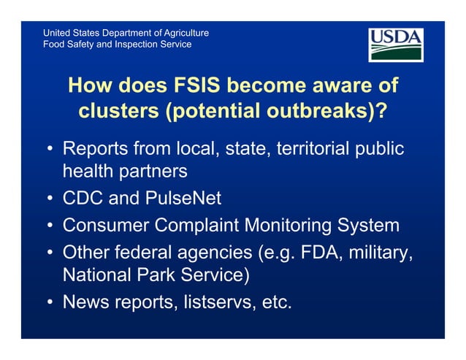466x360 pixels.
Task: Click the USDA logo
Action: click(x=395, y=45)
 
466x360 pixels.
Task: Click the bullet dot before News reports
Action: click(x=47, y=302)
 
